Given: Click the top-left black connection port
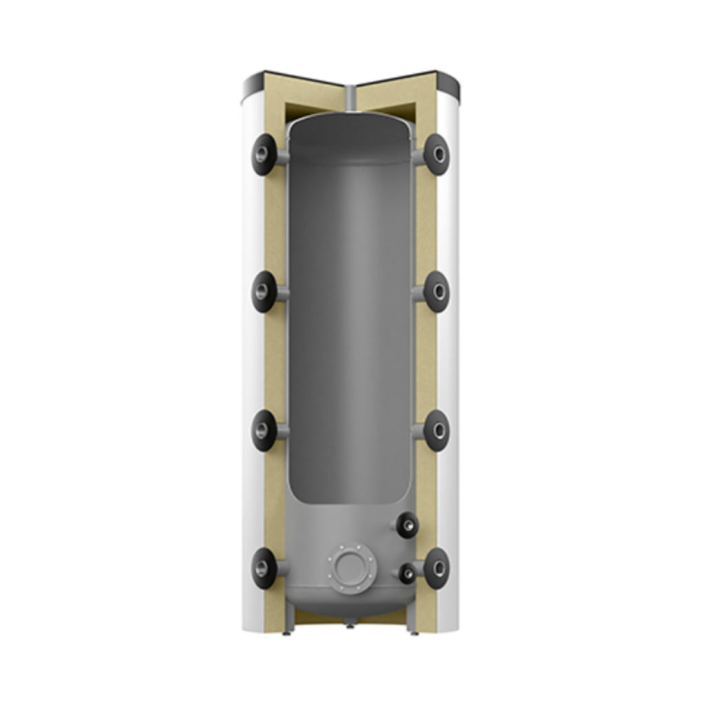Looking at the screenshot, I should [264, 155].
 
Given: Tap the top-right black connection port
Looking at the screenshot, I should [436, 154].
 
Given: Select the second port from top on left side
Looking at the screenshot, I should [264, 292].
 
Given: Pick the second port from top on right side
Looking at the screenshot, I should [436, 292].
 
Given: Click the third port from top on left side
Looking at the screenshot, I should [264, 431].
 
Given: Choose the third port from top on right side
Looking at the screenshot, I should [436, 431].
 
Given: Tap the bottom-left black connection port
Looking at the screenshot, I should [264, 568].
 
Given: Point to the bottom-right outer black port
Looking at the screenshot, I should [436, 568].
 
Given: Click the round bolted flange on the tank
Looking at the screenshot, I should [352, 569].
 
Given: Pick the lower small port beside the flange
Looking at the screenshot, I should [407, 572].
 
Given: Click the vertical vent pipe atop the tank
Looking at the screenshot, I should [352, 99].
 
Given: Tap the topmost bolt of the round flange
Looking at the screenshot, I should [352, 549].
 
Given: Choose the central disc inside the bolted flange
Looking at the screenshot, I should [352, 569].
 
